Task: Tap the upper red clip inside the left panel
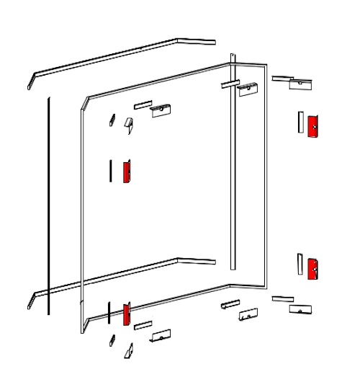(126, 172)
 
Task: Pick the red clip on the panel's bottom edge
(126, 314)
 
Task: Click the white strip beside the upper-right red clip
(299, 122)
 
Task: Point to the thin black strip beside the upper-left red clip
(110, 170)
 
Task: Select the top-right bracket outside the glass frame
(300, 84)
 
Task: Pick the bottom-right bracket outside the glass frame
(300, 308)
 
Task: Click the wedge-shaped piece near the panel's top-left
(129, 125)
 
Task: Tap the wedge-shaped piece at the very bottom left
(129, 350)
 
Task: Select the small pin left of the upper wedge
(112, 119)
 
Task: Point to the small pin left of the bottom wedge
(112, 340)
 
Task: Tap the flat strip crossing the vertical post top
(228, 84)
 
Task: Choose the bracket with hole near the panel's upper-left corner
(161, 110)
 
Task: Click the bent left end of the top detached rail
(31, 79)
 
